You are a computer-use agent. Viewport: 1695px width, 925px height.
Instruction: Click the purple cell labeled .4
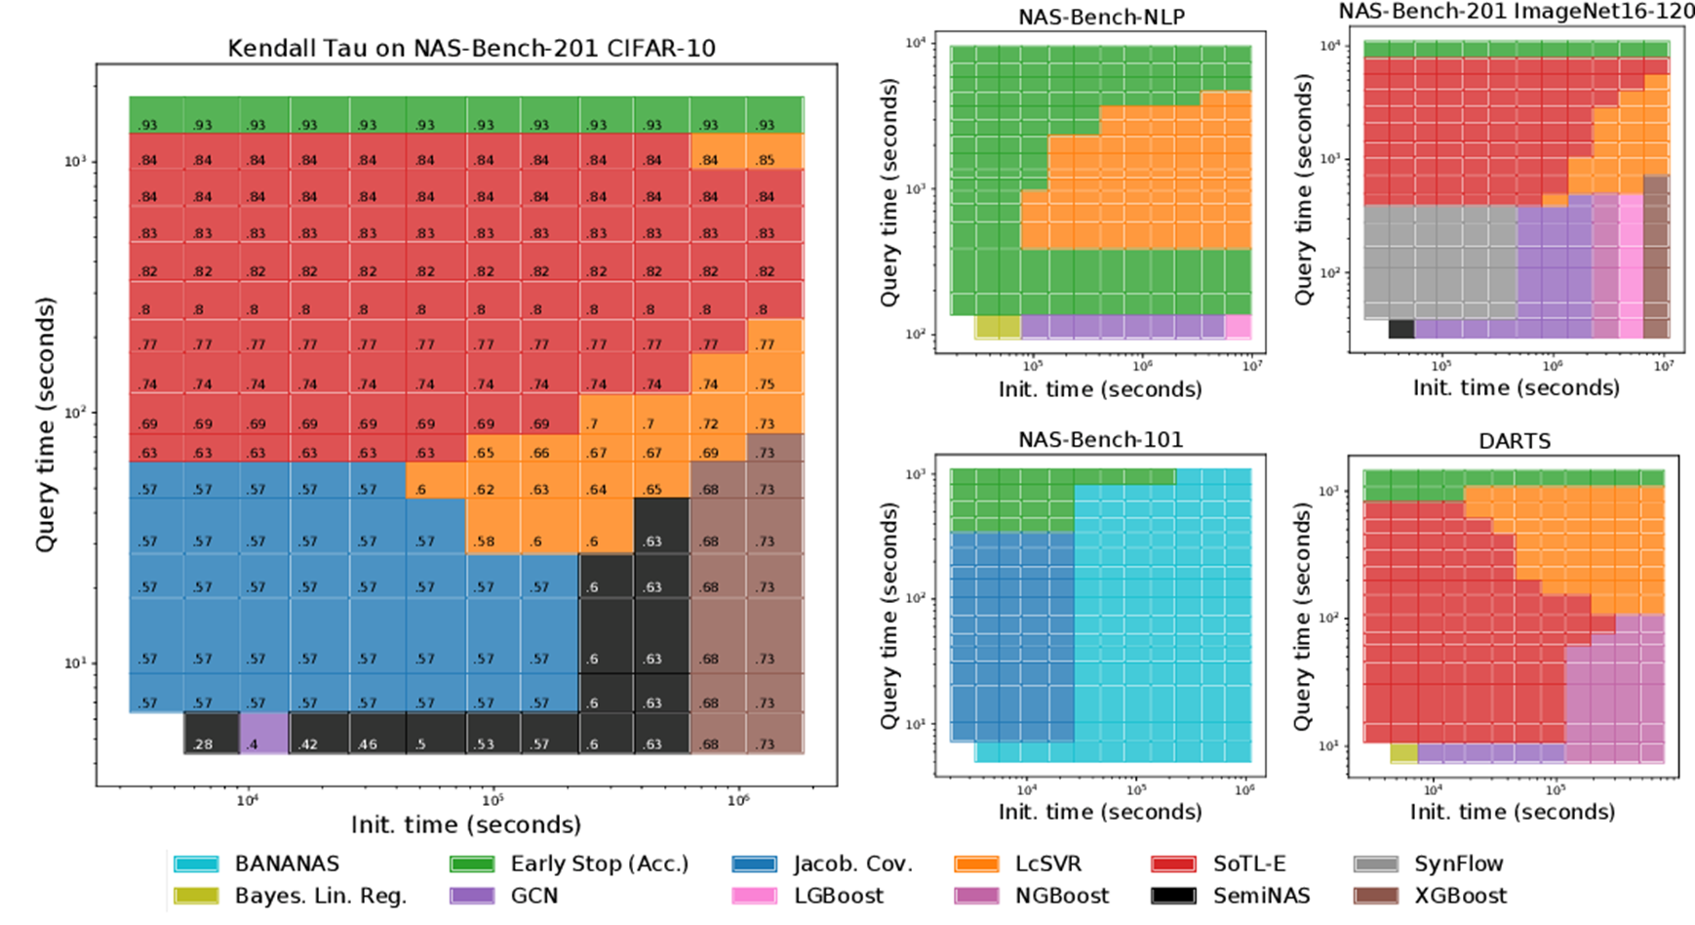pos(263,734)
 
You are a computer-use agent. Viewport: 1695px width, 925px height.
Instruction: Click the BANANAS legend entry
pos(256,864)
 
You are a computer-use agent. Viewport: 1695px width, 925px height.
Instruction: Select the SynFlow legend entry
pos(1429,864)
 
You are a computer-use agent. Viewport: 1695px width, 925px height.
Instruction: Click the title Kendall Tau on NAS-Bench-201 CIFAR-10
pos(471,48)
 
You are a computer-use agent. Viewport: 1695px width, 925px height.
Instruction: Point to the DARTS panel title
pos(1514,441)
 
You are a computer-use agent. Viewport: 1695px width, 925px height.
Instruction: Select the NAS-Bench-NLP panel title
pos(1101,18)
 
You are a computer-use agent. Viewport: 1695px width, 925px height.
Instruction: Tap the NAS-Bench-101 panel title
pos(1100,440)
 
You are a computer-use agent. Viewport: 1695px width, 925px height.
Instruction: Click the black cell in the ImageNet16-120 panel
pos(1401,329)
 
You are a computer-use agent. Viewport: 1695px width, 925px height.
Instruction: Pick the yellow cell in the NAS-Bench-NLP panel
pos(998,327)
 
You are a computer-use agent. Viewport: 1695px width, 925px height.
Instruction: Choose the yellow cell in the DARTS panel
pos(1403,753)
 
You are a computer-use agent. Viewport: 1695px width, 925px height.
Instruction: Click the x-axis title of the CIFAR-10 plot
pos(466,824)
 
